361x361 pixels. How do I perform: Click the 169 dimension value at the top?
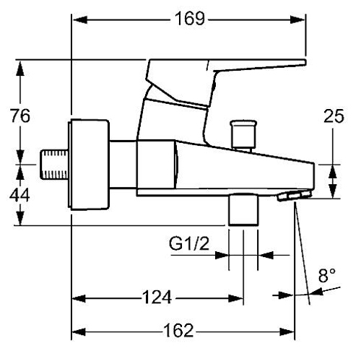[x=190, y=19]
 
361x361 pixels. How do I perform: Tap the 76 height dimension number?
[x=20, y=116]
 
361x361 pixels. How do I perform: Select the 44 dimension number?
[x=19, y=195]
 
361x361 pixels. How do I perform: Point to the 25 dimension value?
[x=334, y=116]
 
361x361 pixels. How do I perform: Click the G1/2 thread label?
[x=189, y=243]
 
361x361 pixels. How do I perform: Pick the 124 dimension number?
[x=157, y=297]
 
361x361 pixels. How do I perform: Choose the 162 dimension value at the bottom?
[x=178, y=331]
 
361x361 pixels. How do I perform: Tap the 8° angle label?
[x=326, y=275]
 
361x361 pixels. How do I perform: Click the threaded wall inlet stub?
[x=54, y=165]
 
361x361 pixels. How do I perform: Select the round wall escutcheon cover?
[x=89, y=165]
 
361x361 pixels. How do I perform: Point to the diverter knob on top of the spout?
[x=243, y=135]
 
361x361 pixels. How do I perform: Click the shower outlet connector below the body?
[x=243, y=209]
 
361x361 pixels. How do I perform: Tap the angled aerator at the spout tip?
[x=293, y=195]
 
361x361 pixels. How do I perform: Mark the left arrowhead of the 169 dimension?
[x=79, y=19]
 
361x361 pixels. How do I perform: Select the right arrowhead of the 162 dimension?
[x=287, y=332]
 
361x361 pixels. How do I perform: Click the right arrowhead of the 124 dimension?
[x=236, y=298]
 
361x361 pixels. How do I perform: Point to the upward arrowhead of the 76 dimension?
[x=20, y=69]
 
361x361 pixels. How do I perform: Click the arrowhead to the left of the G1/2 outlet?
[x=222, y=255]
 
